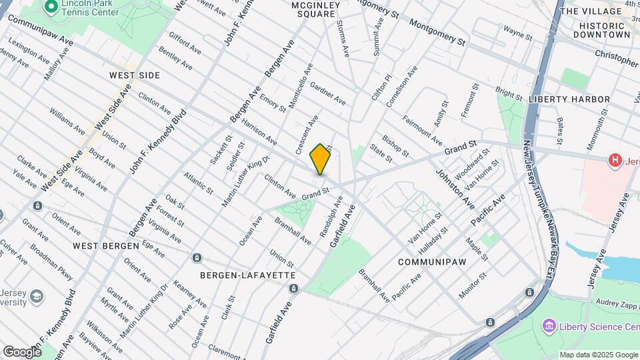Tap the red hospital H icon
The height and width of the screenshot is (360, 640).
click(x=615, y=160)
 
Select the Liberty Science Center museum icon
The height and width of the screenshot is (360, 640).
click(x=549, y=326)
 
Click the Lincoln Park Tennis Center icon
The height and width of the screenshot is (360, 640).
click(x=51, y=7)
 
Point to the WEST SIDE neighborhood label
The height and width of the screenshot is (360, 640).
click(x=135, y=75)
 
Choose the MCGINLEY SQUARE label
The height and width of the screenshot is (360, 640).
click(x=307, y=10)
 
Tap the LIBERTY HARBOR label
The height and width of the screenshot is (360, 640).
click(x=569, y=99)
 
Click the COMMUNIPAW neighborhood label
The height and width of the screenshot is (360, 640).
click(x=426, y=262)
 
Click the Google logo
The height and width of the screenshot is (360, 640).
click(x=22, y=351)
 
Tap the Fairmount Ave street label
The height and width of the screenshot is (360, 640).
click(x=422, y=131)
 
